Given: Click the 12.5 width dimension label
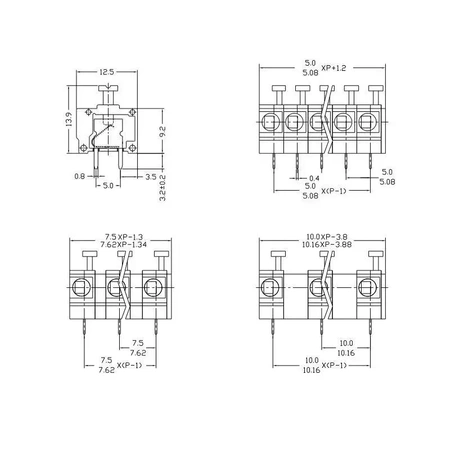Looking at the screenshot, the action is coord(107,72).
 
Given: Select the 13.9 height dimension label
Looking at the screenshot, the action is coord(69,119).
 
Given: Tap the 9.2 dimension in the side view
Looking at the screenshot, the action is coord(162,131).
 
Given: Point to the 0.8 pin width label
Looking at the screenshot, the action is coord(80,176).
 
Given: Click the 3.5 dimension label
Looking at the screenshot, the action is coord(151,177).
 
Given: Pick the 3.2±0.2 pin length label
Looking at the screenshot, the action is coord(162,188).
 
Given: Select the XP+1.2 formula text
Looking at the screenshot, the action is coord(334,68).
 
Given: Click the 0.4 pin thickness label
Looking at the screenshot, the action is coord(314,178).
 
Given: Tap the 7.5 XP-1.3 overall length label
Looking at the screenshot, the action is coord(124,237).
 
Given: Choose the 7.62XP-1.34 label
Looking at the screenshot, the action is coord(123,245).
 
